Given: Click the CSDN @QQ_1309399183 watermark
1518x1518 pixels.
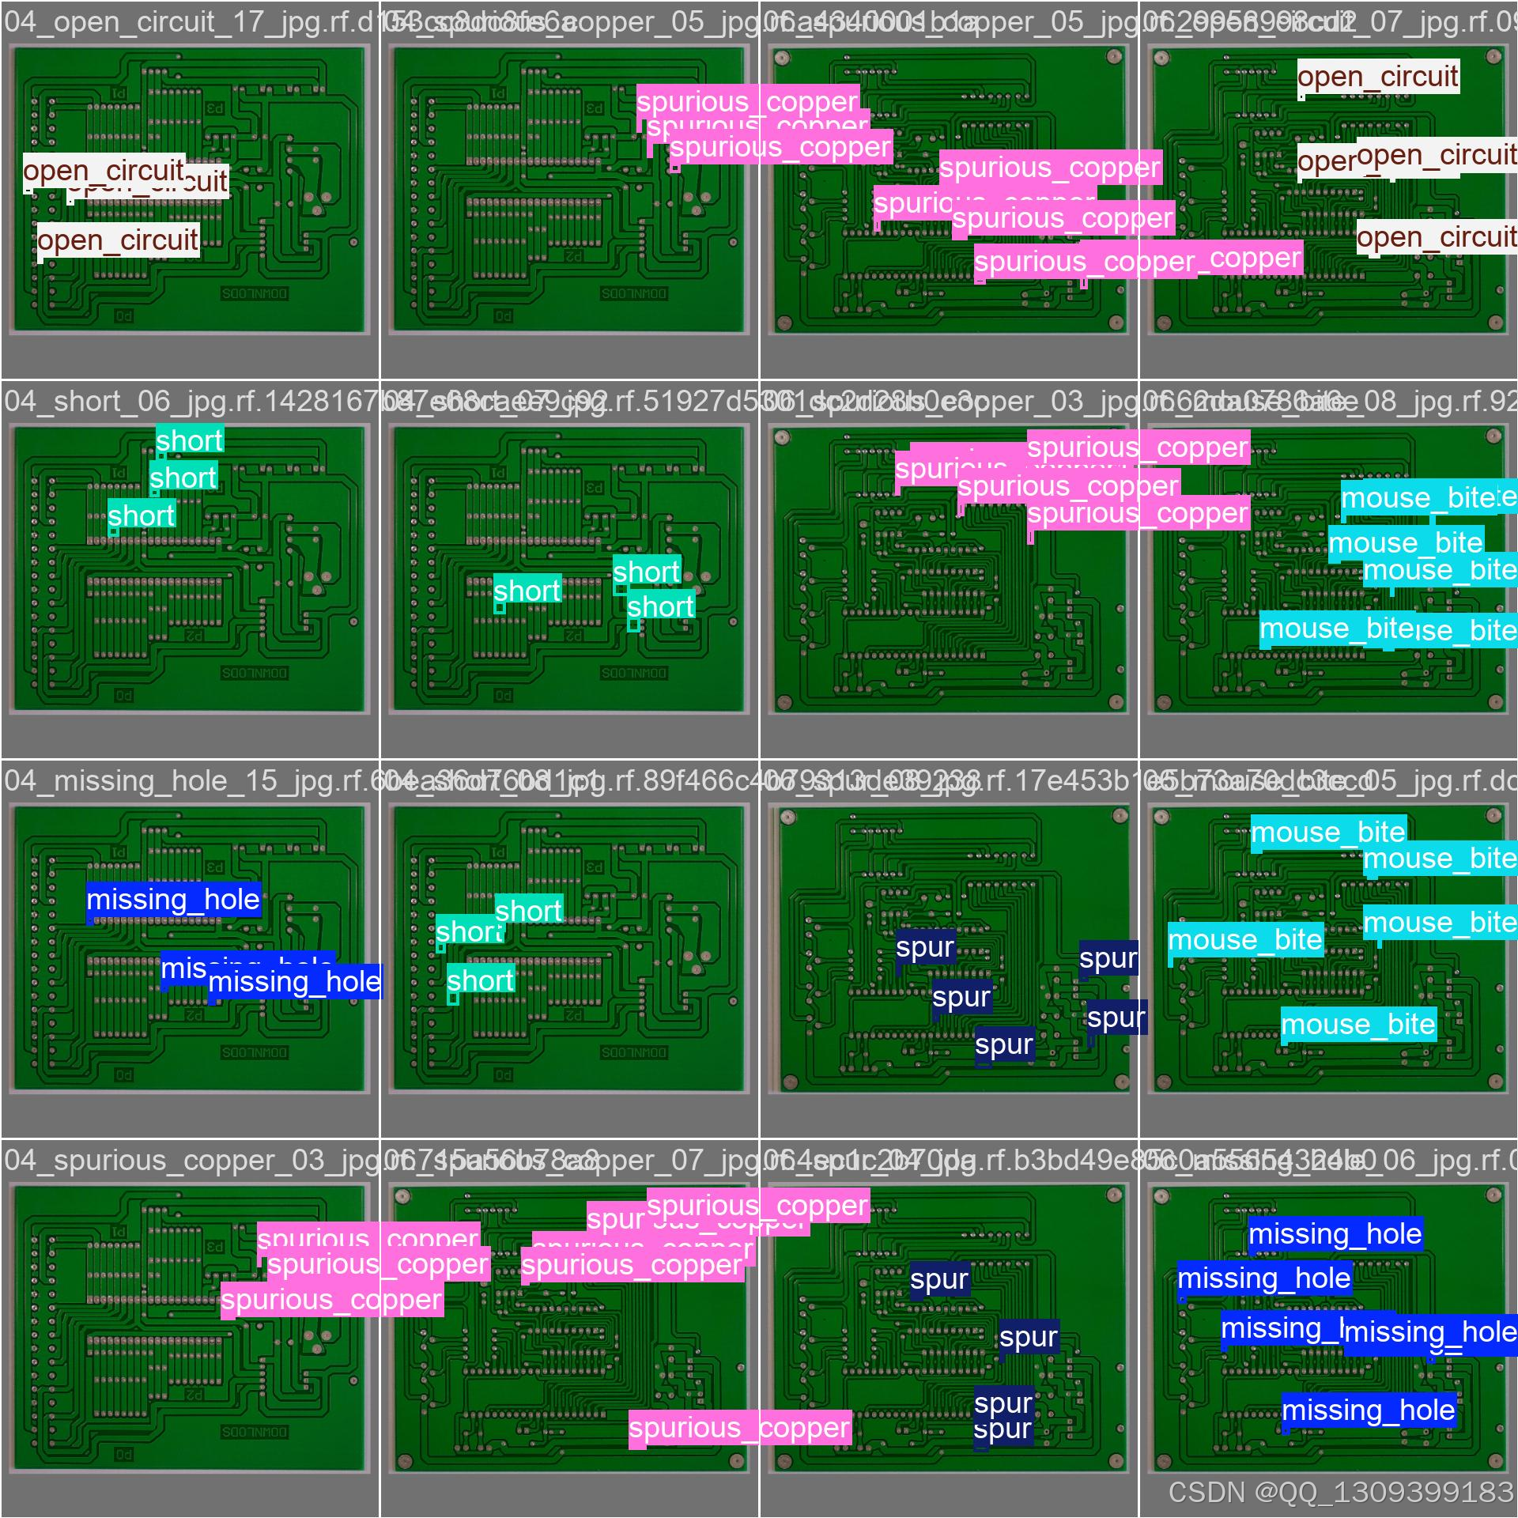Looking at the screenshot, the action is pyautogui.click(x=1340, y=1492).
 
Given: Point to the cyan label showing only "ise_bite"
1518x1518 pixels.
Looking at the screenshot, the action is pyautogui.click(x=1467, y=631).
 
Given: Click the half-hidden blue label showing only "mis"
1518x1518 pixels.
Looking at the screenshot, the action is pyautogui.click(x=183, y=968).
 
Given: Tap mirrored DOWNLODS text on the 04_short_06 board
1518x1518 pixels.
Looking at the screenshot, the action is pyautogui.click(x=255, y=673).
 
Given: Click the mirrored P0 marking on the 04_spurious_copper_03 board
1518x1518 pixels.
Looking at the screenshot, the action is pyautogui.click(x=124, y=1455).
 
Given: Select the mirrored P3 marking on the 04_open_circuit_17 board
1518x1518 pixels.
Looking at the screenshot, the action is pyautogui.click(x=214, y=108).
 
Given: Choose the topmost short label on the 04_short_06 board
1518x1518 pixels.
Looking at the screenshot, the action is pyautogui.click(x=190, y=440).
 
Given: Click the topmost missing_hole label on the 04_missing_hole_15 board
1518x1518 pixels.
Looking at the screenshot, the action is pyautogui.click(x=173, y=900).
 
